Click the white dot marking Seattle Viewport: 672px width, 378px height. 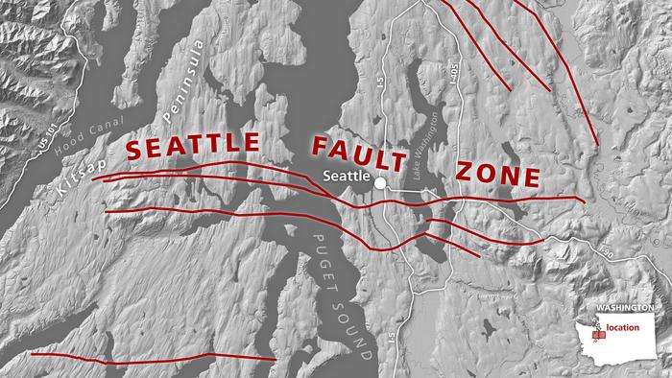(x=381, y=182)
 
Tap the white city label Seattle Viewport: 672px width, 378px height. (x=346, y=177)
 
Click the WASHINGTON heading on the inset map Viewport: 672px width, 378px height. (x=625, y=309)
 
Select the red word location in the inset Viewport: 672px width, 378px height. (x=624, y=327)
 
